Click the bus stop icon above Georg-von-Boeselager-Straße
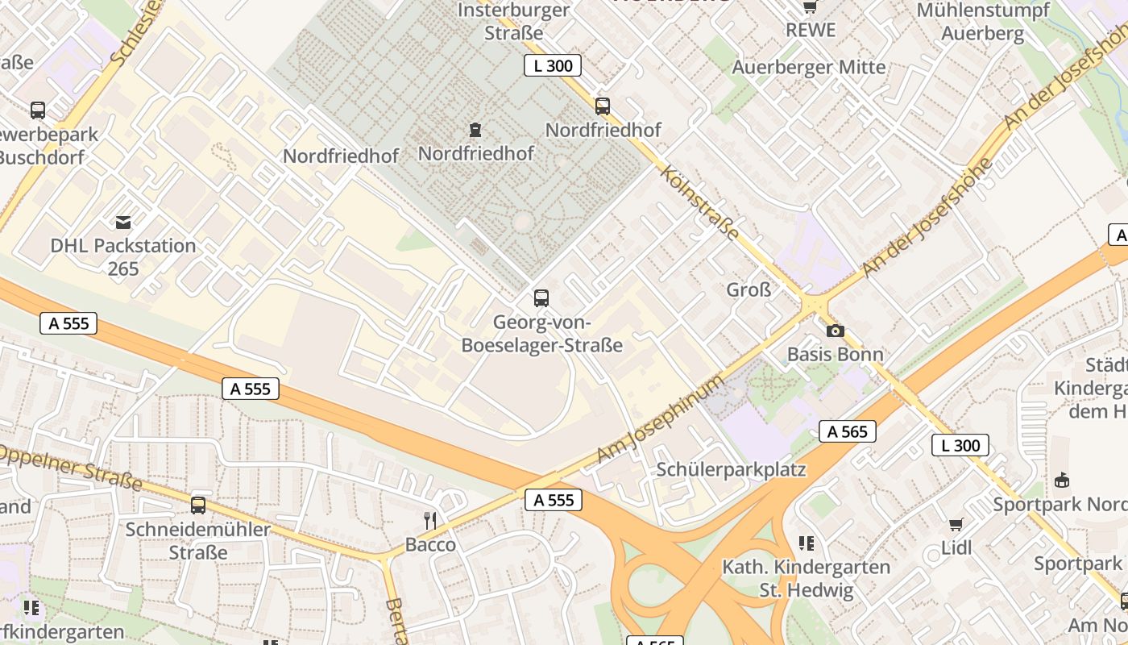coord(541,298)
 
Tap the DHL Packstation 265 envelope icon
coord(123,222)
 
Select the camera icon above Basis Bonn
coord(836,331)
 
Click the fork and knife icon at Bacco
coord(430,521)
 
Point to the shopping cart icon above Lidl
coord(956,525)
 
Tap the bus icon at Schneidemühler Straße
coord(198,506)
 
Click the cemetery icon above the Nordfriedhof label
coord(475,129)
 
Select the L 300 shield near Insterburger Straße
coord(553,65)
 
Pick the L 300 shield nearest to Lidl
coord(960,445)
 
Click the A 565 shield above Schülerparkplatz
coord(848,431)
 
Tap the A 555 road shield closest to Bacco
coord(554,500)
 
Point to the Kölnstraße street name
coord(699,202)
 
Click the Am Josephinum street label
coord(659,419)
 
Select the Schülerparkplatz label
coord(731,469)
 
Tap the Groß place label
coord(749,289)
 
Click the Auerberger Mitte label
coord(808,67)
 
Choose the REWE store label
coord(811,30)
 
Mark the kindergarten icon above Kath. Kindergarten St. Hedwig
coord(807,543)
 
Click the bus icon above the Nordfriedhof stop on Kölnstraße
coord(603,106)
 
